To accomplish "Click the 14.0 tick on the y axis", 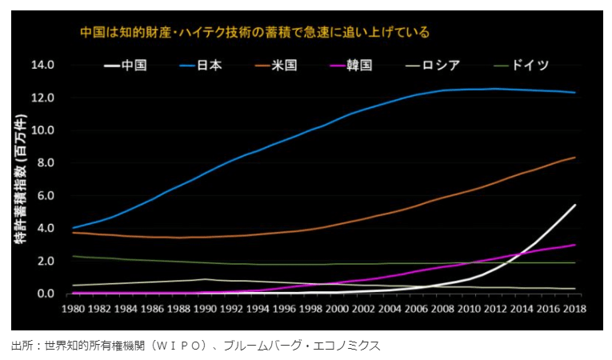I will pyautogui.click(x=42, y=65).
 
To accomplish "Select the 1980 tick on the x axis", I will pyautogui.click(x=73, y=308).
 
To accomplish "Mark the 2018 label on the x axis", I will pyautogui.click(x=574, y=308).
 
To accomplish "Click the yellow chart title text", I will pyautogui.click(x=255, y=33).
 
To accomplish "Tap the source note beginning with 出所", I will pyautogui.click(x=196, y=345).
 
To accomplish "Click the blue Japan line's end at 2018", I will pyautogui.click(x=574, y=93).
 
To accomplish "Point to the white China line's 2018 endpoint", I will pyautogui.click(x=574, y=206).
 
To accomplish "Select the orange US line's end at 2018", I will pyautogui.click(x=574, y=158).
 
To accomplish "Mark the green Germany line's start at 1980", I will pyautogui.click(x=73, y=256).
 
